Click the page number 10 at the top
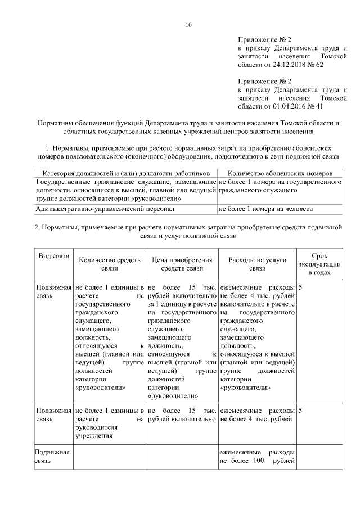tap(188, 24)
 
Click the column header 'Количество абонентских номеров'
tap(280, 174)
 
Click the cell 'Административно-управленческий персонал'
tap(105, 209)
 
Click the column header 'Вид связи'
tap(53, 256)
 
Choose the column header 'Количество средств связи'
tap(109, 264)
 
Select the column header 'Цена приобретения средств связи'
tap(182, 264)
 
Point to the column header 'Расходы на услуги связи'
tap(258, 264)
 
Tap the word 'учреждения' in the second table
tap(93, 435)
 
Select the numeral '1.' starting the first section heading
tap(48, 147)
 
